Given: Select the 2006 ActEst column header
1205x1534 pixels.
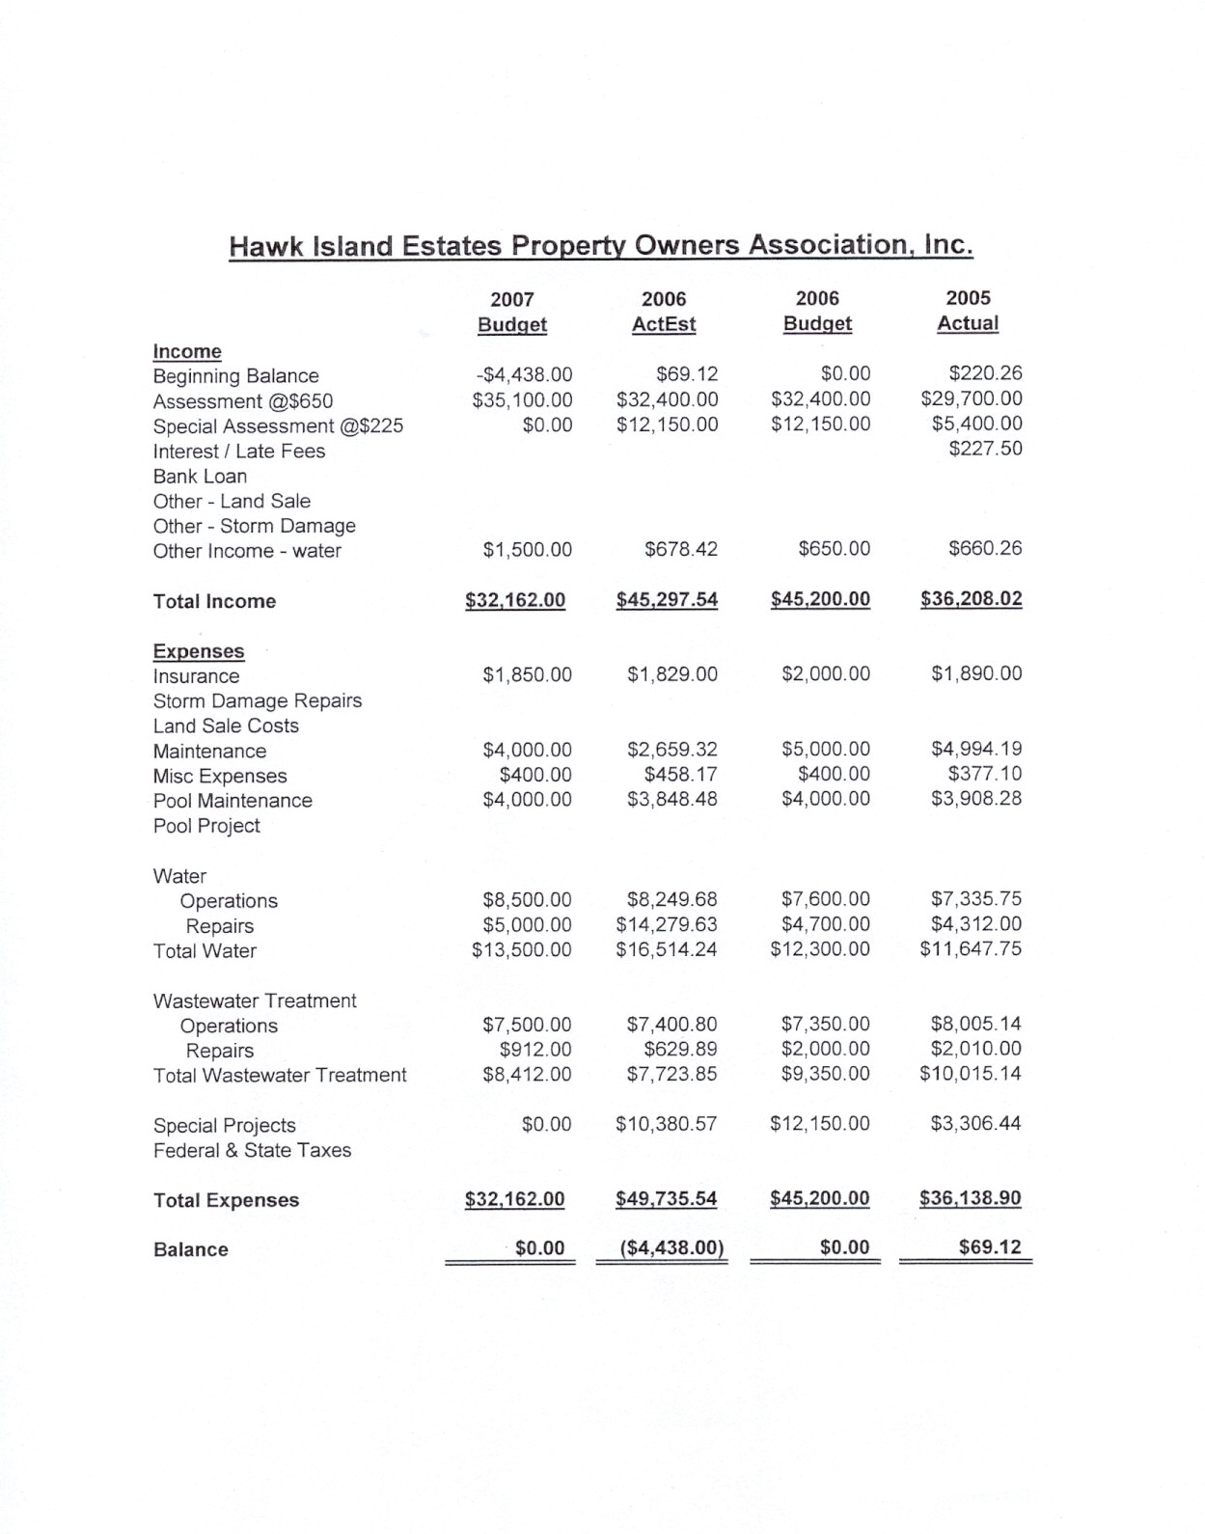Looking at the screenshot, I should [664, 312].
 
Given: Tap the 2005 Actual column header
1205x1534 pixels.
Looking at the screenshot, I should [968, 311].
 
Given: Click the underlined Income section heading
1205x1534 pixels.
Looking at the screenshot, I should [187, 352].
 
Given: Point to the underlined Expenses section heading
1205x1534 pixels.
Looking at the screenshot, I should [199, 651].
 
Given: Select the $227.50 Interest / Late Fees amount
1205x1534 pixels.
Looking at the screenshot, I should [985, 449].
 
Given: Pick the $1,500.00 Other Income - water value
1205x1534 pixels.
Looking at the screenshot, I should [527, 550].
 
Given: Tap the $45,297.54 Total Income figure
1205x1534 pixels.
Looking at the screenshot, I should [667, 600].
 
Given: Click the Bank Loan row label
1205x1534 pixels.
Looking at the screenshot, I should [200, 477].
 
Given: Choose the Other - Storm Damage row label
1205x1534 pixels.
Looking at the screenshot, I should [254, 527].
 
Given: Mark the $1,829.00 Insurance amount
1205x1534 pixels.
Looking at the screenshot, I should [671, 674].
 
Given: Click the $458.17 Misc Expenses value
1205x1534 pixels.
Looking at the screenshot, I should [680, 775].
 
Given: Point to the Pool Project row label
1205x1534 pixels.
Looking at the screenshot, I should [206, 826].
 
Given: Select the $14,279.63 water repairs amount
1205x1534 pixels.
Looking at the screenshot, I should [667, 925].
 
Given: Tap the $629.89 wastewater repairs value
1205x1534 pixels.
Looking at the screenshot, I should [680, 1050].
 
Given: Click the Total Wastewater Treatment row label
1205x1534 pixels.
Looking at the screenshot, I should [280, 1076].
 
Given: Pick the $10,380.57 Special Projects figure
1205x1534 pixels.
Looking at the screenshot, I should [666, 1124].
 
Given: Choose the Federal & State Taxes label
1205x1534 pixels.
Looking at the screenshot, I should [252, 1151].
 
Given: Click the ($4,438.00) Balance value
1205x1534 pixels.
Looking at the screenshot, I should [671, 1248].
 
